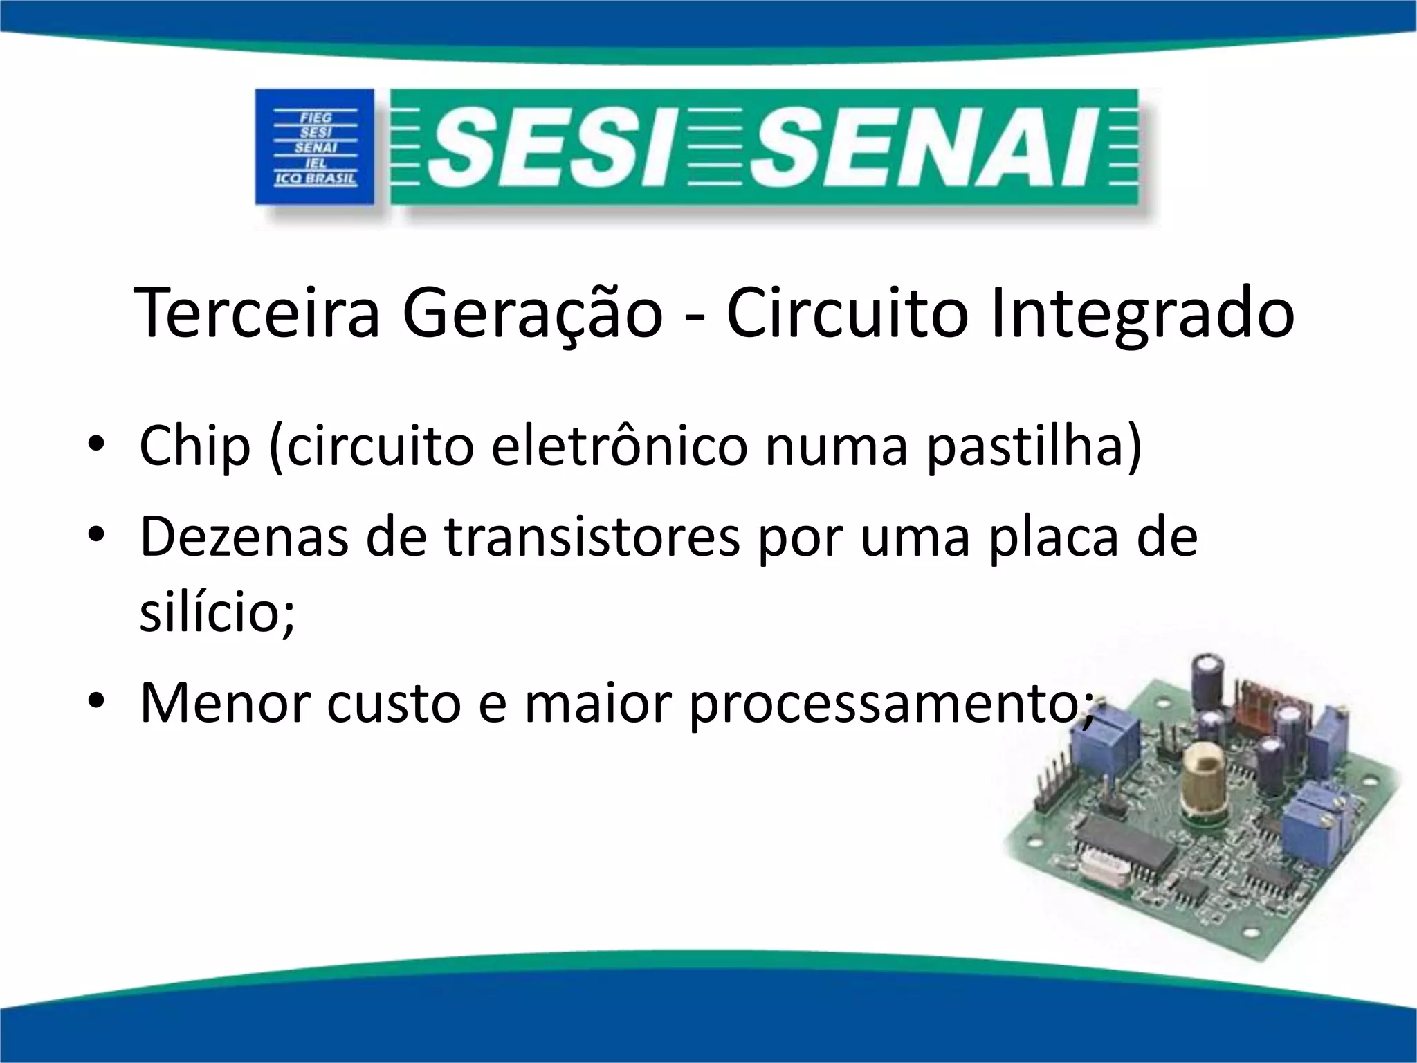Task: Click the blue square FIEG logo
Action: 316,147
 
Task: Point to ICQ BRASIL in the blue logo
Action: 316,179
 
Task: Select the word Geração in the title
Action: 533,313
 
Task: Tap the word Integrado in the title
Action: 1142,313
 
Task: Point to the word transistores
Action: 592,536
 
